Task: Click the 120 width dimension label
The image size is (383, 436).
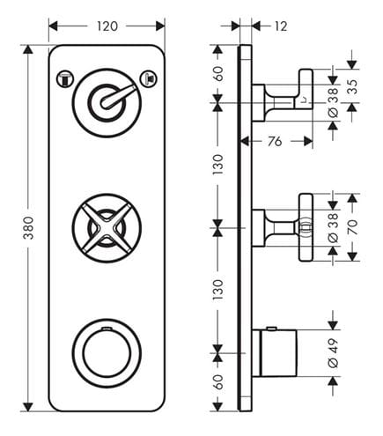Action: click(107, 26)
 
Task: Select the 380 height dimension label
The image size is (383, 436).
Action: click(29, 228)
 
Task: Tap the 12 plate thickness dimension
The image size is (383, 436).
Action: click(281, 26)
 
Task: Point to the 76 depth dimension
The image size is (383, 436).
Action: click(275, 142)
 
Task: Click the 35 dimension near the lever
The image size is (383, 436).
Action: click(354, 86)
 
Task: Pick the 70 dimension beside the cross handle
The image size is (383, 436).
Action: click(353, 227)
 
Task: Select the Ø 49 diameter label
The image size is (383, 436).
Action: click(333, 353)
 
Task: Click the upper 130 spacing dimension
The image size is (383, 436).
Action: click(218, 165)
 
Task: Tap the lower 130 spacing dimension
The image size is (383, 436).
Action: click(218, 290)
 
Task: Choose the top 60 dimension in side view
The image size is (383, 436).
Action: click(218, 74)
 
